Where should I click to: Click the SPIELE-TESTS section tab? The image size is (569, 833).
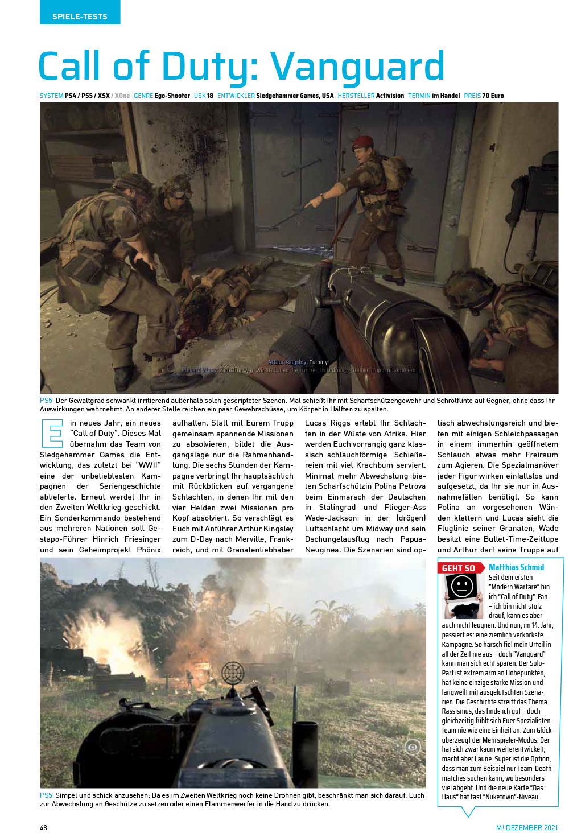pyautogui.click(x=80, y=16)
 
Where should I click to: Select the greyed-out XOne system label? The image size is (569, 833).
pyautogui.click(x=122, y=96)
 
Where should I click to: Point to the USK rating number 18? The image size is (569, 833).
pyautogui.click(x=210, y=96)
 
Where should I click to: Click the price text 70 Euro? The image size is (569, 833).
pyautogui.click(x=493, y=96)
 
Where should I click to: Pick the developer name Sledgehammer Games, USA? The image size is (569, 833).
pyautogui.click(x=295, y=96)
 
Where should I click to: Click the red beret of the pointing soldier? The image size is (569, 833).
pyautogui.click(x=362, y=141)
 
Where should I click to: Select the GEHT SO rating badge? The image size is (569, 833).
pyautogui.click(x=459, y=568)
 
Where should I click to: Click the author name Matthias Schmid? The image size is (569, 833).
pyautogui.click(x=516, y=567)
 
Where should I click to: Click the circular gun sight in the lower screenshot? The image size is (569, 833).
pyautogui.click(x=233, y=673)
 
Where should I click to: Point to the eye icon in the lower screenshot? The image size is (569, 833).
pyautogui.click(x=413, y=747)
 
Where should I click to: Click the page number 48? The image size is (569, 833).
pyautogui.click(x=44, y=827)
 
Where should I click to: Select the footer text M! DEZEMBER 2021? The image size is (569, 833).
pyautogui.click(x=527, y=827)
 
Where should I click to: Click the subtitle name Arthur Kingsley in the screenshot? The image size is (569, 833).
pyautogui.click(x=287, y=362)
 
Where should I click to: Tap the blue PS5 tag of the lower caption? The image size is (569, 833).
pyautogui.click(x=46, y=795)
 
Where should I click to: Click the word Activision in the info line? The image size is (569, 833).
pyautogui.click(x=390, y=96)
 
